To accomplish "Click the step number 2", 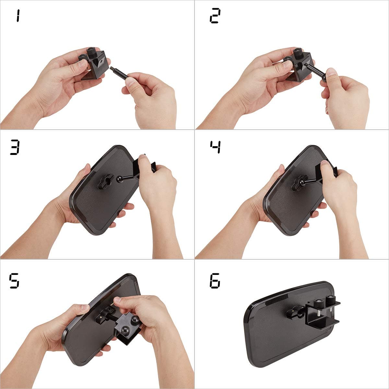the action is pos(214,16).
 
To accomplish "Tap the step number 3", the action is pos(15,148).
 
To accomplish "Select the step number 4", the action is pos(215,147).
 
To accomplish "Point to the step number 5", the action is pos(14,281).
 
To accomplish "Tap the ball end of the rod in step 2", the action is pos(324,78).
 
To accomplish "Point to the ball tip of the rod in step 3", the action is pos(120,179).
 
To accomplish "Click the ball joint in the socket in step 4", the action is pos(302,177).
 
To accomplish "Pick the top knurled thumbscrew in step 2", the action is pos(297,53).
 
